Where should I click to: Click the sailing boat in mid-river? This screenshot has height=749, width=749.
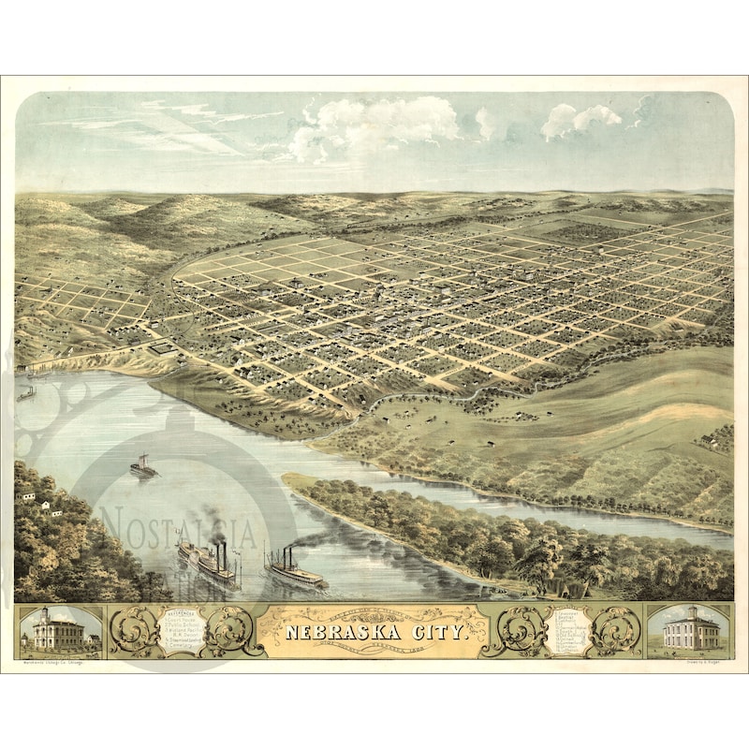pyautogui.click(x=143, y=466)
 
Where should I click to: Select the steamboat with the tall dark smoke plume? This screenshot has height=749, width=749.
pyautogui.click(x=207, y=561)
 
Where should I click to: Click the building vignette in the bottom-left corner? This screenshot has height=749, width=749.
pyautogui.click(x=59, y=630)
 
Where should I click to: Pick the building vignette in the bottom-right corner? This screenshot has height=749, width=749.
pyautogui.click(x=689, y=630)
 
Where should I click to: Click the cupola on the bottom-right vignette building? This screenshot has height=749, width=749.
pyautogui.click(x=689, y=613)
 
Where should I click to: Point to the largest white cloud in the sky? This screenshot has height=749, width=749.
pyautogui.click(x=374, y=126)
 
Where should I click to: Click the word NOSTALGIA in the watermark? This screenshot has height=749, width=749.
pyautogui.click(x=178, y=529)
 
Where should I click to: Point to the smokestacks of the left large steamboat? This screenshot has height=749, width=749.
pyautogui.click(x=222, y=552)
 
